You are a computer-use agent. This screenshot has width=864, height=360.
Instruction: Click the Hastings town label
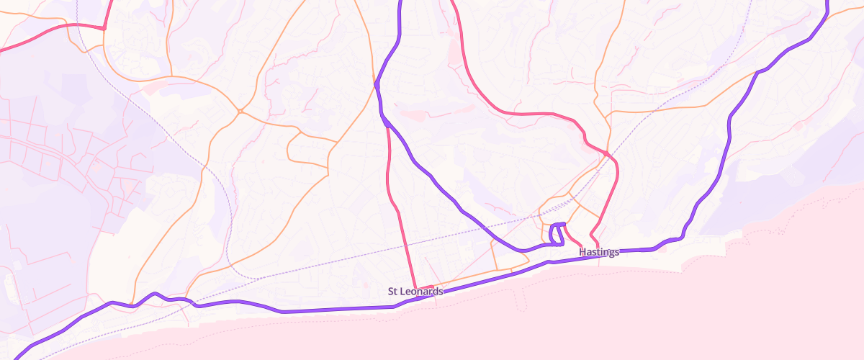[599, 252]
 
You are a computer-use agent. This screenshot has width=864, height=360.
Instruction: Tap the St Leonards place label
[415, 292]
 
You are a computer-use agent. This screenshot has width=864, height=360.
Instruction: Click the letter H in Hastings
[582, 252]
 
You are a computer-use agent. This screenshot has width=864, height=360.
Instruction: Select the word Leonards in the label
[422, 292]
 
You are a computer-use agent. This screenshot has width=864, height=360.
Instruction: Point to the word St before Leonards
[392, 292]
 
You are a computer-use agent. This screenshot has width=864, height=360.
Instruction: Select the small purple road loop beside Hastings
[557, 235]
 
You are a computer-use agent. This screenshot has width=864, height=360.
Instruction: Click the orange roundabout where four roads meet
[239, 112]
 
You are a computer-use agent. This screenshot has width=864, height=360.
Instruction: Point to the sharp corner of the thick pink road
[104, 28]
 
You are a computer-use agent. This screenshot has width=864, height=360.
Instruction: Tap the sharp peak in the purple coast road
[154, 293]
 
